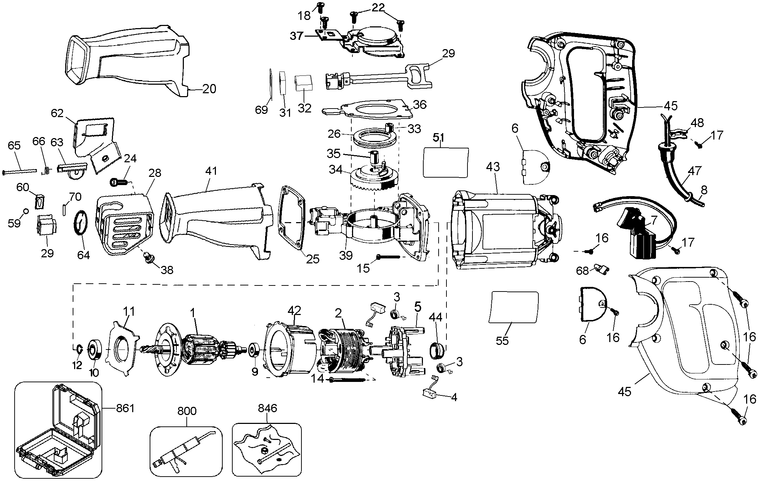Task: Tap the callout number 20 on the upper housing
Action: [x=209, y=89]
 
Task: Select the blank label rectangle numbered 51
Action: [x=445, y=162]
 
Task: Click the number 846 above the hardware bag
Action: [x=267, y=408]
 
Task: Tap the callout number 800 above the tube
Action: [x=187, y=411]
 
